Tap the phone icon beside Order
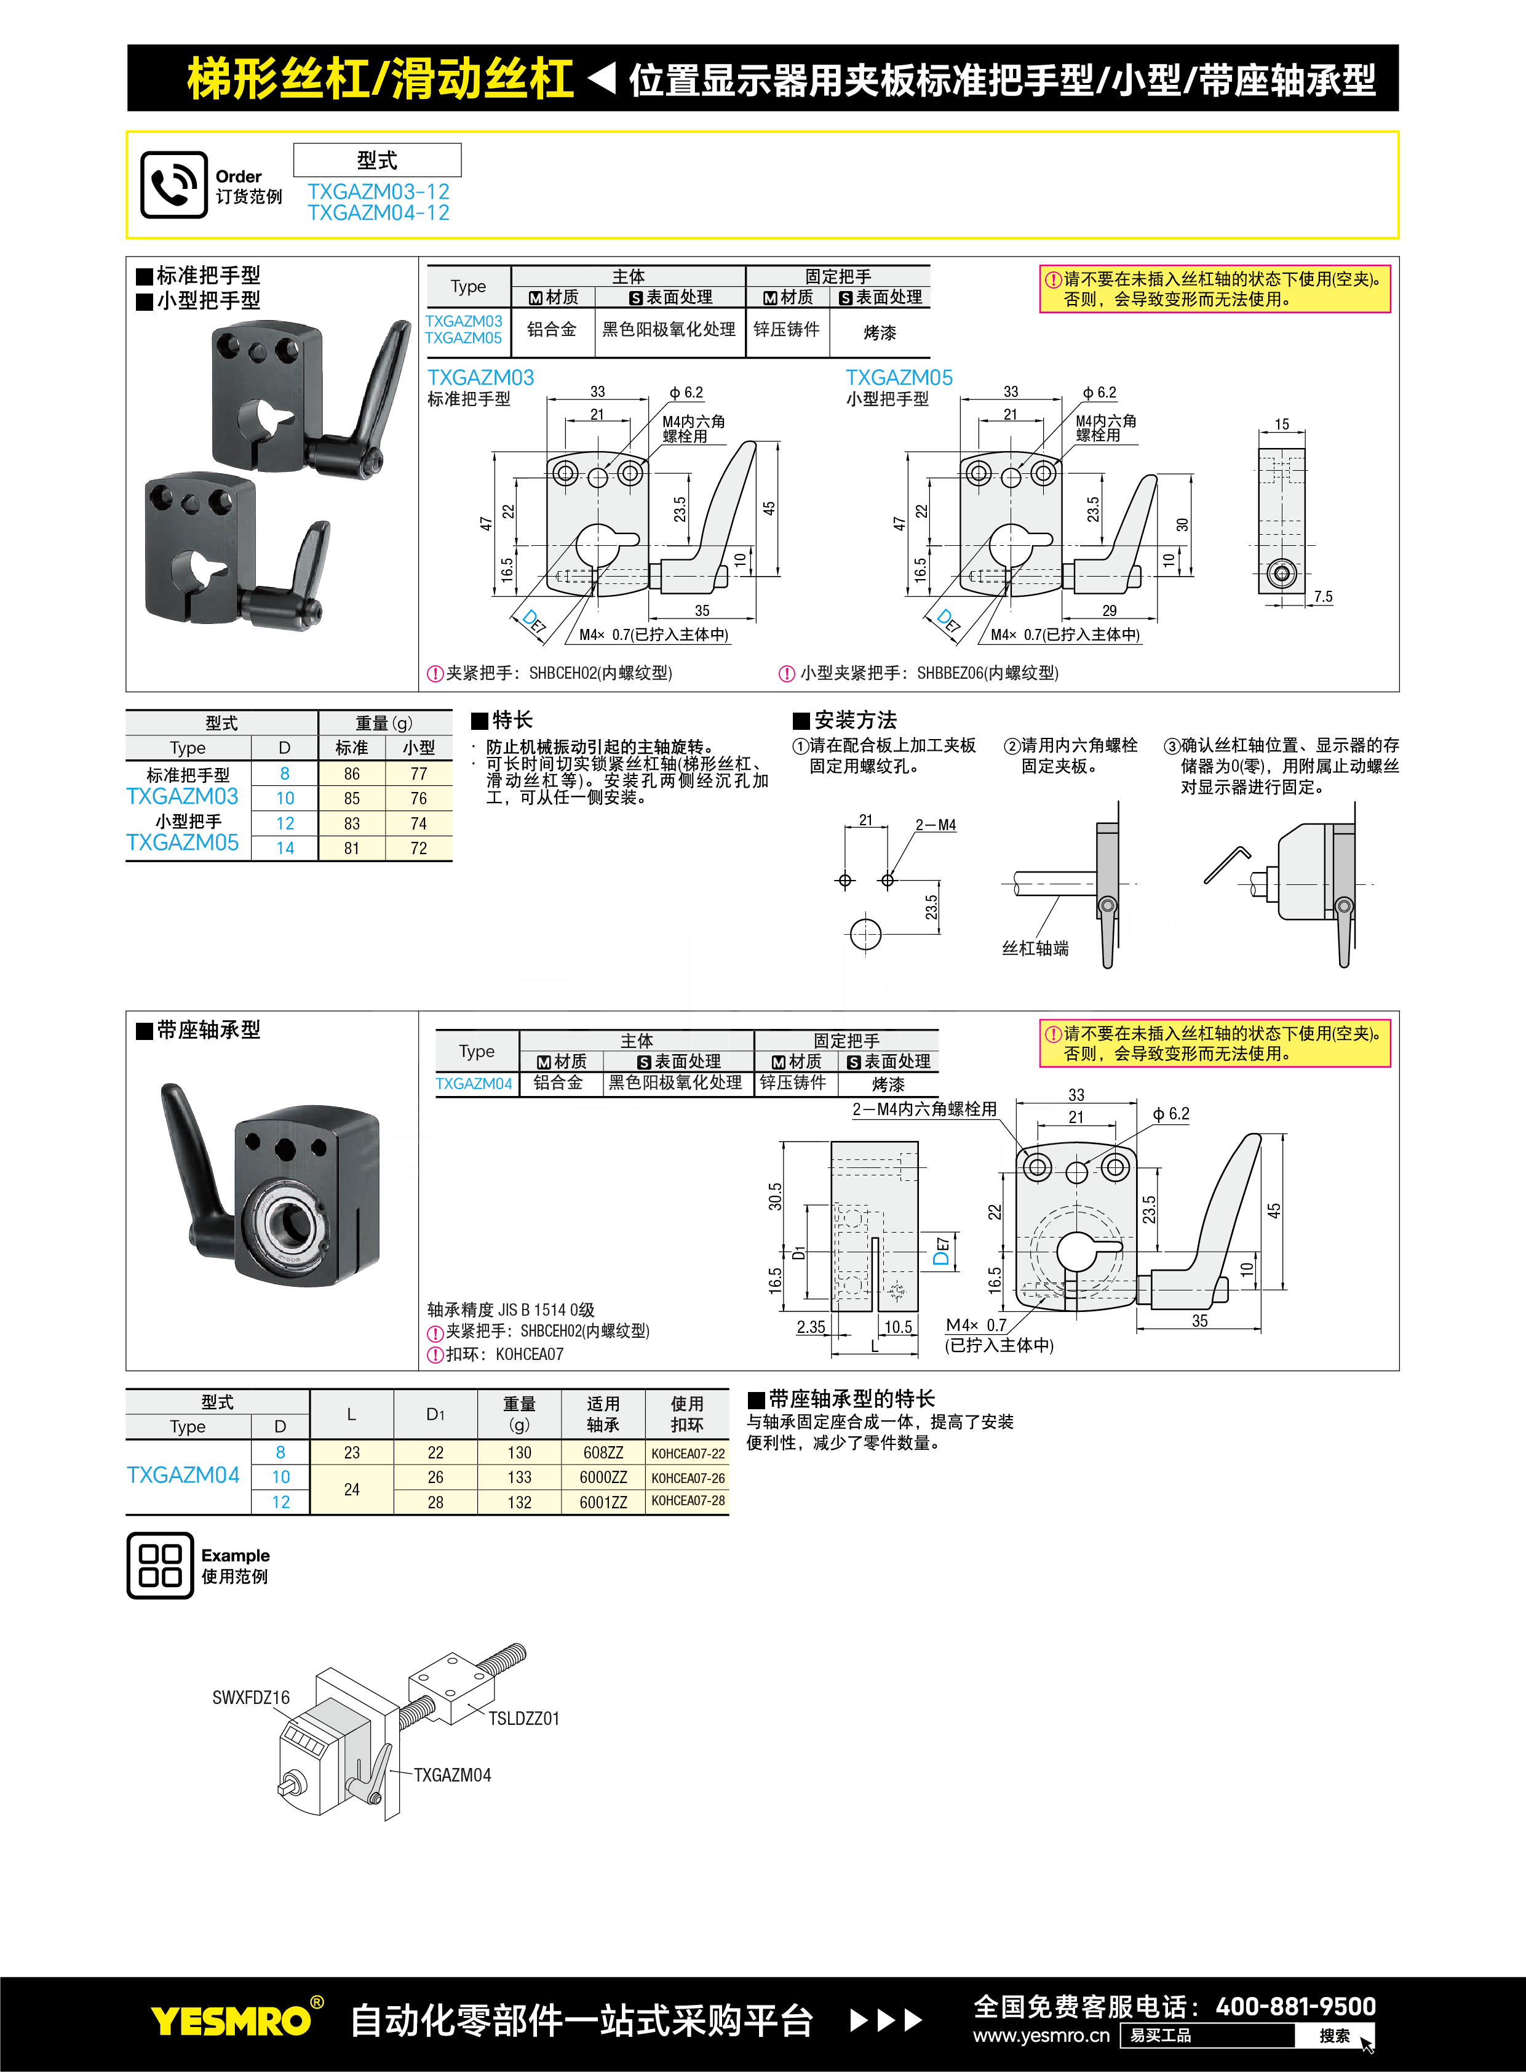(x=173, y=185)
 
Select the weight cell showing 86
(x=351, y=774)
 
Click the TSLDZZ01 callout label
(x=524, y=1718)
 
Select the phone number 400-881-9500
(x=1295, y=2006)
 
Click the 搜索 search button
(x=1334, y=2036)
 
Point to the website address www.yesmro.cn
(x=1041, y=2036)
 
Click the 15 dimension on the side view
(x=1281, y=424)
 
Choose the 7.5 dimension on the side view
(x=1323, y=597)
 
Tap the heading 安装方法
(x=854, y=720)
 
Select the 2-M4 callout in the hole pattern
(x=935, y=825)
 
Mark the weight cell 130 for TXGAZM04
(x=519, y=1453)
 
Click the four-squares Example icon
(x=160, y=1566)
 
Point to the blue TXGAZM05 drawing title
(x=898, y=377)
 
